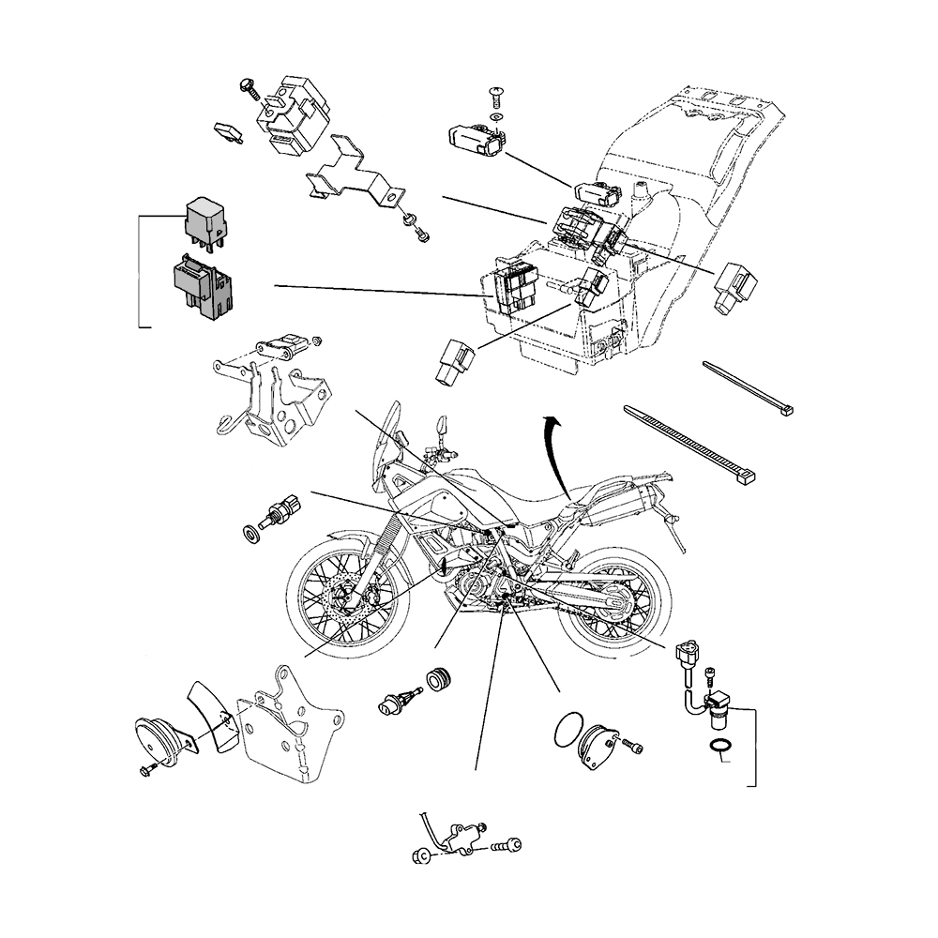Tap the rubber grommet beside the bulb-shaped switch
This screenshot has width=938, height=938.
(437, 679)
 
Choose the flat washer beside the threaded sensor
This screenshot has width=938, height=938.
(252, 535)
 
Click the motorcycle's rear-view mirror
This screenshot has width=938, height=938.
(439, 426)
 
